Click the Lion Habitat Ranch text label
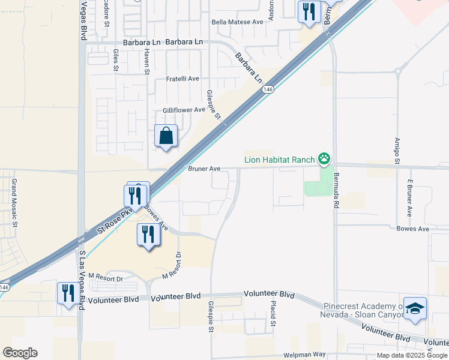(280, 160)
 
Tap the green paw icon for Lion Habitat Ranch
(324, 159)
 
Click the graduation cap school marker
(415, 308)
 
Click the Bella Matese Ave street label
(238, 22)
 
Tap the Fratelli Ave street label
(182, 79)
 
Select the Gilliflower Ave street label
(184, 110)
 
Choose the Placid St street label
(273, 314)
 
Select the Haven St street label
(146, 62)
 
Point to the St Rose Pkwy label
(114, 223)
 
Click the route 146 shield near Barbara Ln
(268, 89)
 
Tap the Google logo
(20, 353)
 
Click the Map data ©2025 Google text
(412, 355)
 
